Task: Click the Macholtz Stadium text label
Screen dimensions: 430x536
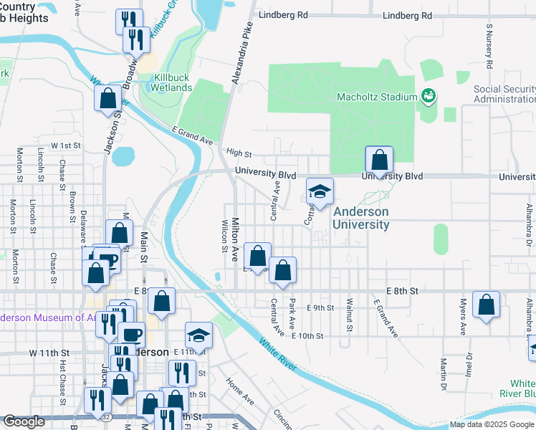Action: [x=378, y=97]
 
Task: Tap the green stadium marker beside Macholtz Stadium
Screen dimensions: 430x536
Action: [x=429, y=95]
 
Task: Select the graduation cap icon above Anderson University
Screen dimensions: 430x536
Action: [x=320, y=191]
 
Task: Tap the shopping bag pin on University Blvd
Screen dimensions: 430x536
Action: [x=379, y=161]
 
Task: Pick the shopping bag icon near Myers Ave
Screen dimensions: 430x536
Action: [x=487, y=305]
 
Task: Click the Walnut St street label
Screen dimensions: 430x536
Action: [x=350, y=315]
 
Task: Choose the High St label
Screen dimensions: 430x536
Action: [x=239, y=153]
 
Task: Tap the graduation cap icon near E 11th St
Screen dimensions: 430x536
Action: [x=198, y=335]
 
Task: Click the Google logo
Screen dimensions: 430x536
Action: [x=24, y=421]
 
